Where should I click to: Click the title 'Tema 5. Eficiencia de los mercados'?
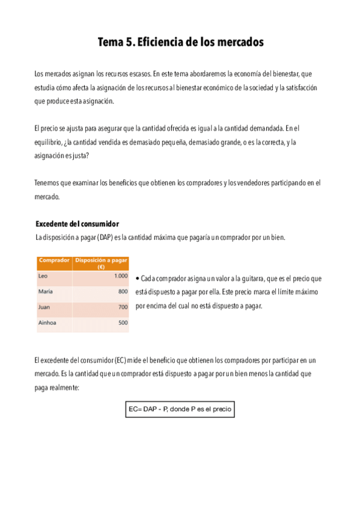coord(180,43)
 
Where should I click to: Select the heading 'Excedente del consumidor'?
coord(78,224)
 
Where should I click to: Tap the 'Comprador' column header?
coord(53,260)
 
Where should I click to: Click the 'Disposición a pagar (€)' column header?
coord(100,263)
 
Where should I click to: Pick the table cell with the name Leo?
coord(43,276)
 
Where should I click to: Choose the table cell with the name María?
coord(46,292)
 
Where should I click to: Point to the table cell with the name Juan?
coord(44,307)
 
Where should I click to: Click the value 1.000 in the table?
coord(120,276)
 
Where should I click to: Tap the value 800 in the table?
coord(123,292)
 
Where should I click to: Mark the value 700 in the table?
coord(123,307)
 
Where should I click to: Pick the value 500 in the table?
coord(123,323)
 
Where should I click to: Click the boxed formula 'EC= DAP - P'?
coord(179,410)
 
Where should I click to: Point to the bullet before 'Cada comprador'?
coord(138,279)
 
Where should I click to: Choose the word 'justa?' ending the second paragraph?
coord(79,155)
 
